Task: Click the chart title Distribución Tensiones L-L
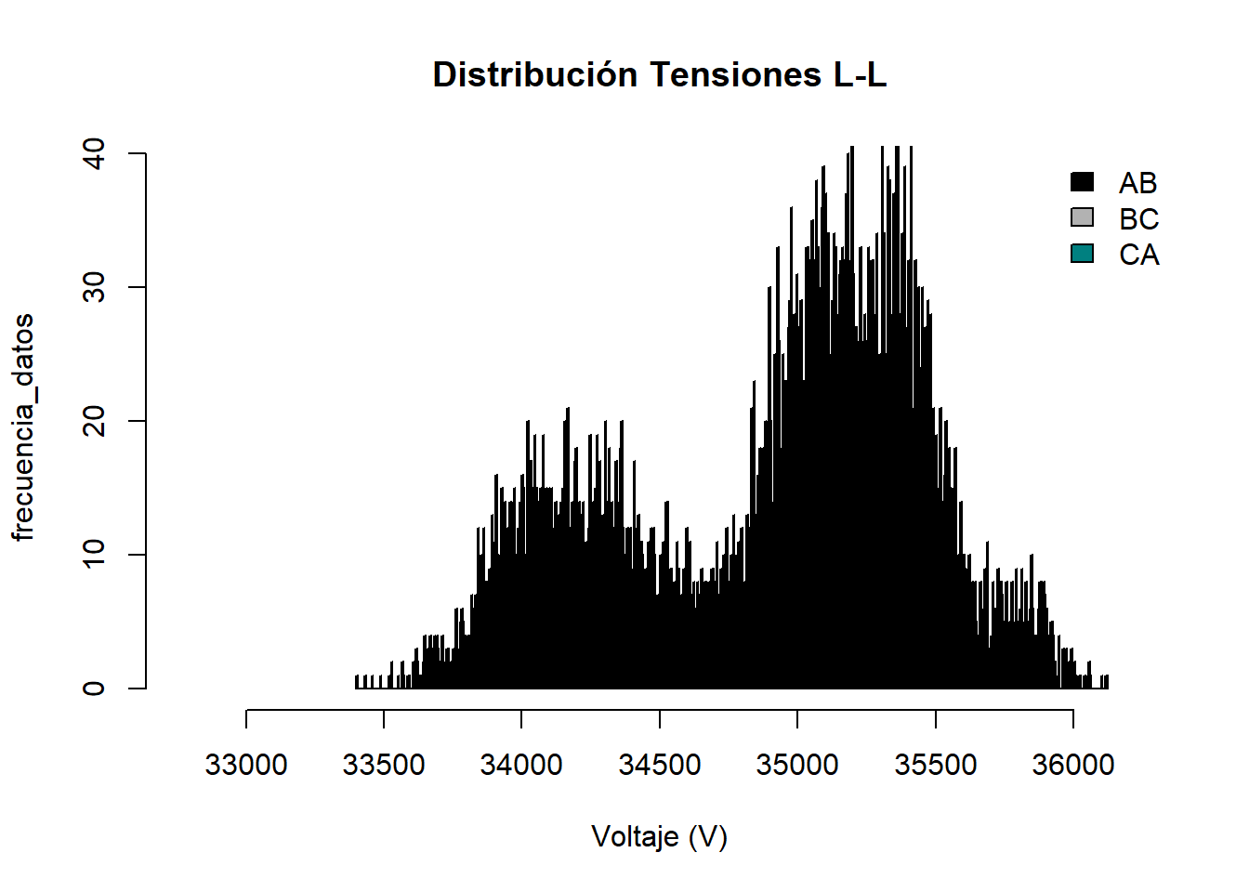[x=660, y=75]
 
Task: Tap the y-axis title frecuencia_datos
[x=23, y=426]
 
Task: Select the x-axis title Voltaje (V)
[x=660, y=837]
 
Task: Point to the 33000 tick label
[x=246, y=765]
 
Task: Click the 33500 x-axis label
[x=384, y=765]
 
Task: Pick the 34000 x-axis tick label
[x=521, y=765]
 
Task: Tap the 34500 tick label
[x=660, y=765]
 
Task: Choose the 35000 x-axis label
[x=797, y=765]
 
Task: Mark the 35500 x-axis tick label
[x=936, y=765]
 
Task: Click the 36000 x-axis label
[x=1073, y=765]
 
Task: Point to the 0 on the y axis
[x=94, y=689]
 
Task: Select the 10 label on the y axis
[x=94, y=555]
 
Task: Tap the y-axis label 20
[x=94, y=421]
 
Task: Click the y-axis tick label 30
[x=94, y=287]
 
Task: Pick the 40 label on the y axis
[x=94, y=153]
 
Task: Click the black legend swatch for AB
[x=1083, y=182]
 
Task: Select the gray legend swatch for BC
[x=1083, y=217]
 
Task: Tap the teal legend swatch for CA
[x=1083, y=254]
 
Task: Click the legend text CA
[x=1139, y=255]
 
